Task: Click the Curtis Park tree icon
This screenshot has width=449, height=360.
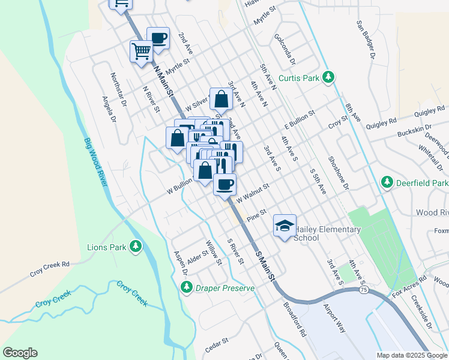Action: [x=328, y=77]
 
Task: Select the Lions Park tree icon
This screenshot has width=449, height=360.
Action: [x=136, y=246]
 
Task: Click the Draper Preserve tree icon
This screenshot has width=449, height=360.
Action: [x=187, y=289]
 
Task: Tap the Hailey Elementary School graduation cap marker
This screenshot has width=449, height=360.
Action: [x=285, y=226]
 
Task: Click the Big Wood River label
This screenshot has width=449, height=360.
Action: [x=94, y=163]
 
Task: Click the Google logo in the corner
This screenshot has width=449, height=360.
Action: [x=20, y=353]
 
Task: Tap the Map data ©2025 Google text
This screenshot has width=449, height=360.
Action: [x=411, y=355]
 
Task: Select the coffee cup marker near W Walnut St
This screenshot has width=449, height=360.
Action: [x=225, y=184]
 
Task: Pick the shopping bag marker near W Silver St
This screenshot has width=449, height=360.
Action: [x=221, y=100]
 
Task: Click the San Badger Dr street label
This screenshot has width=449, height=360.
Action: [x=365, y=40]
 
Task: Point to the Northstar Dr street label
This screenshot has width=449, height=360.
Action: [x=118, y=89]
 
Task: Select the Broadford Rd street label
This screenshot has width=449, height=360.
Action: [x=295, y=319]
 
